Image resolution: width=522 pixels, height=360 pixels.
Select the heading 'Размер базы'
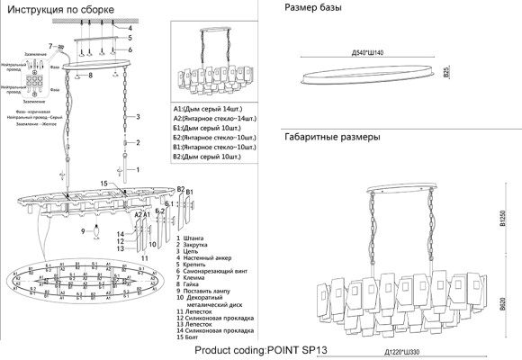tap(314, 8)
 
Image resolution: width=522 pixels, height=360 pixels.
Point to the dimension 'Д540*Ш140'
tap(368, 51)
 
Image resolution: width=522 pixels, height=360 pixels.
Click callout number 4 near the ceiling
tap(130, 29)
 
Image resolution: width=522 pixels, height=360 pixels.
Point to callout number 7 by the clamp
tap(51, 45)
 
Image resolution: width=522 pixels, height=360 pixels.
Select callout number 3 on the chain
tap(138, 117)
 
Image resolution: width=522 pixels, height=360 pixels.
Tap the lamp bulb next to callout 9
tap(94, 231)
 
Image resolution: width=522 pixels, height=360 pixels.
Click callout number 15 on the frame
tap(103, 184)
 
